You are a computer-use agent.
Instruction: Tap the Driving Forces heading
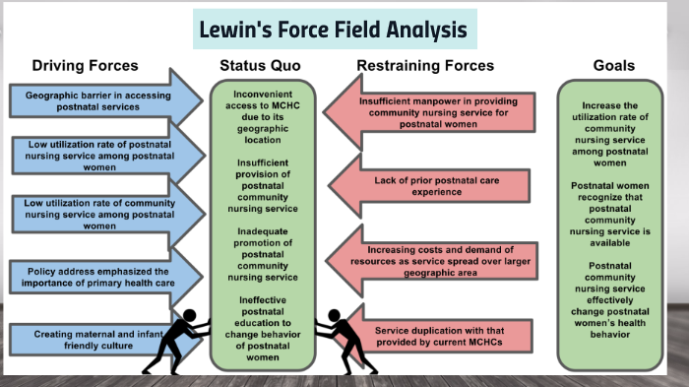click(85, 66)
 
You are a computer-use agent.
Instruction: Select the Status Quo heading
click(260, 66)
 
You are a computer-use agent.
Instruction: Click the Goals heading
click(613, 66)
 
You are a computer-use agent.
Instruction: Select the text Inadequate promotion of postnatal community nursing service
click(260, 254)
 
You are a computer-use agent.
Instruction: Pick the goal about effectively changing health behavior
click(613, 299)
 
